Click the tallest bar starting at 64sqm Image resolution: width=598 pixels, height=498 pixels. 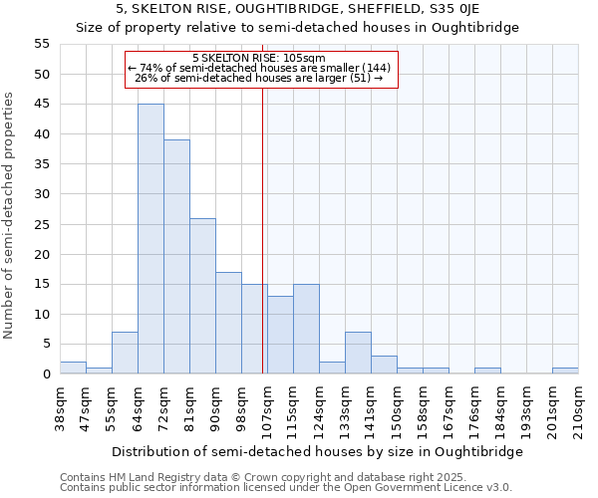150,239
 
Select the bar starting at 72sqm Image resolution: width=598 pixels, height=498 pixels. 176,257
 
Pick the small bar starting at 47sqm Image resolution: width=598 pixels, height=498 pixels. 99,371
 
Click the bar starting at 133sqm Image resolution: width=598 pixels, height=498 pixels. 358,353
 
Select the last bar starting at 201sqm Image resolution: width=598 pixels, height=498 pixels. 565,371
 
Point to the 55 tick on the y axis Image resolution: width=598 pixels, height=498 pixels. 41,44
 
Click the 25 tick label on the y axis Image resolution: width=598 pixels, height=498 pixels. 41,224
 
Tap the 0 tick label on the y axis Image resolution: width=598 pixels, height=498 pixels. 45,374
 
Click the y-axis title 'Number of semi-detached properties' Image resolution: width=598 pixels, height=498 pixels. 10,215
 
